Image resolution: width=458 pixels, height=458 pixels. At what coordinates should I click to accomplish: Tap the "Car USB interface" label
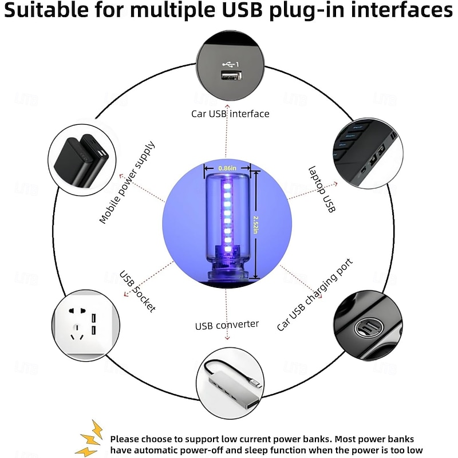[x=230, y=113]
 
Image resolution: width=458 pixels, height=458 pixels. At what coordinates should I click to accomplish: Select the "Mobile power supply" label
[x=127, y=183]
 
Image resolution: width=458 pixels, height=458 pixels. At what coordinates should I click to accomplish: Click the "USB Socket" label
[x=137, y=291]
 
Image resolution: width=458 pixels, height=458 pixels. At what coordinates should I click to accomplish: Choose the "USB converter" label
[x=227, y=325]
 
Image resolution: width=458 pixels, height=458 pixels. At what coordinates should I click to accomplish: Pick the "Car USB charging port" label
[x=314, y=295]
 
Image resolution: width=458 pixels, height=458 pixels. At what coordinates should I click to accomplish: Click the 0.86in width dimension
[x=227, y=168]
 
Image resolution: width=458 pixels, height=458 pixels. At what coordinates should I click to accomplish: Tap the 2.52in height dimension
[x=255, y=224]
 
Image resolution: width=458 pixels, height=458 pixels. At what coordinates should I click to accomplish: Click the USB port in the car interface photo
[x=231, y=76]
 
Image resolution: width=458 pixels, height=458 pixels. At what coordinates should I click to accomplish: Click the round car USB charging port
[x=368, y=328]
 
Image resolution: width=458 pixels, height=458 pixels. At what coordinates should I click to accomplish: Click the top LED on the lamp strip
[x=227, y=186]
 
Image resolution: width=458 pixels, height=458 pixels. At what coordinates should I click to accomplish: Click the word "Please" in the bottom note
[x=124, y=439]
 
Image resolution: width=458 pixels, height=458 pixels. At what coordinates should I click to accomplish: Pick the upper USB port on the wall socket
[x=93, y=318]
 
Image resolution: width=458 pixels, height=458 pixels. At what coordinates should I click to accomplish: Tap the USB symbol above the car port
[x=230, y=64]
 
